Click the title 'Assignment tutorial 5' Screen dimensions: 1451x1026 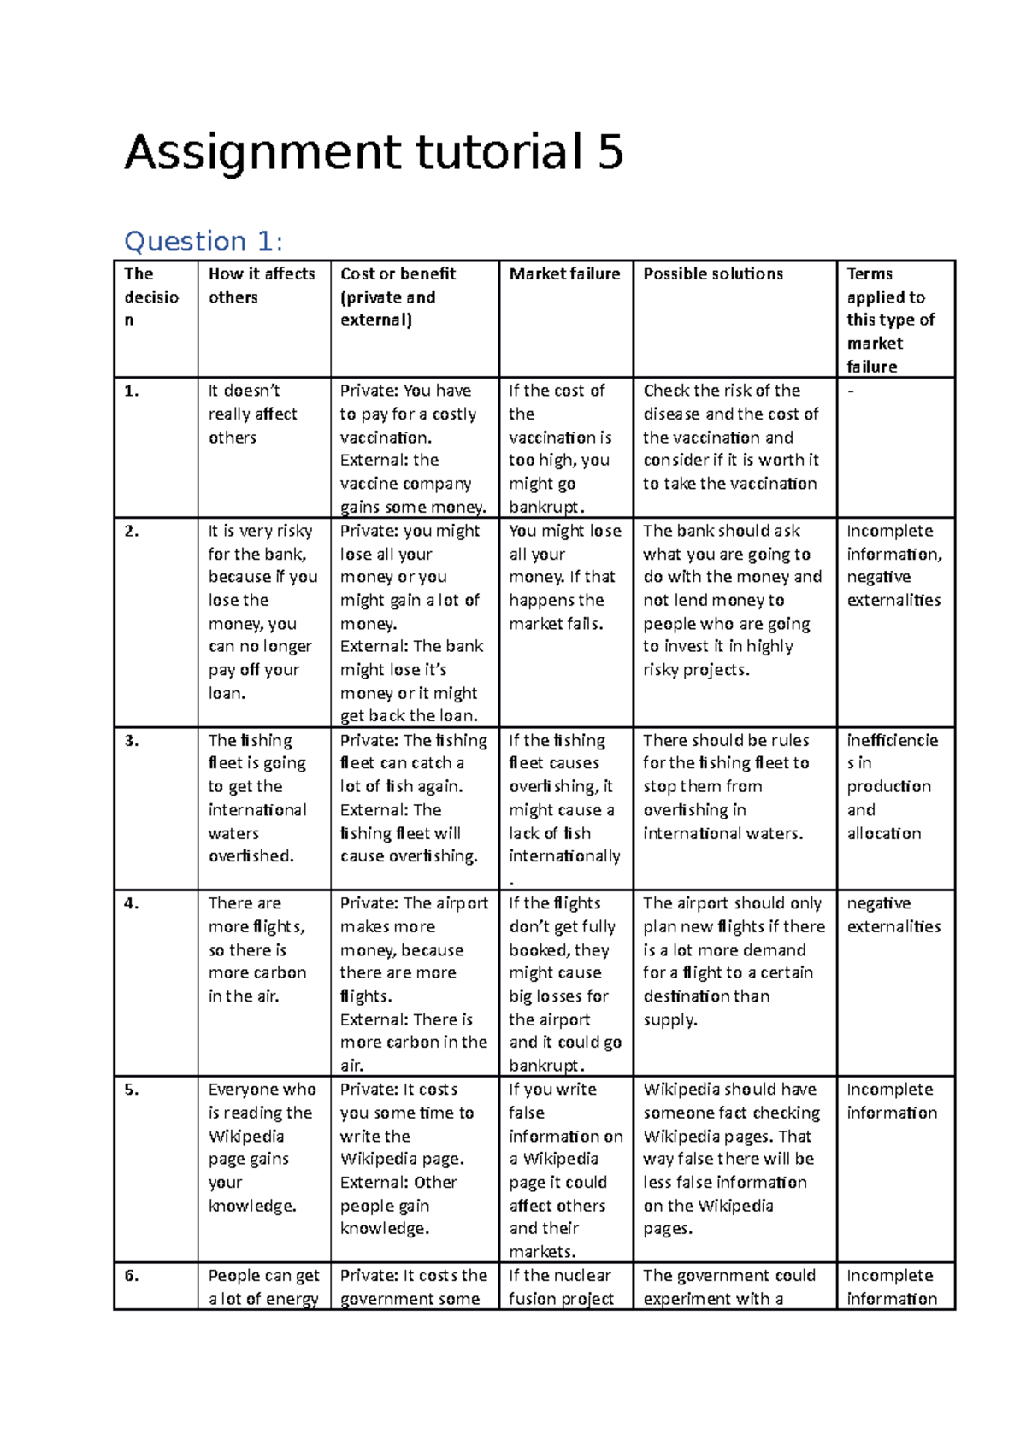374,153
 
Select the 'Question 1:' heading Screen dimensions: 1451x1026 203,242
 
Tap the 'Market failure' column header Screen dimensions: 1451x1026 564,273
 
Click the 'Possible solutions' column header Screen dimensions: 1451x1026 713,273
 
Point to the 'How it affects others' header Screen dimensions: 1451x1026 262,285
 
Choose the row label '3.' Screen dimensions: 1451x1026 131,741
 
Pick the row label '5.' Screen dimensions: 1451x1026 131,1090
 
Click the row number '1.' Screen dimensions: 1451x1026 131,391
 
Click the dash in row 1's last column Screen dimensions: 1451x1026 851,391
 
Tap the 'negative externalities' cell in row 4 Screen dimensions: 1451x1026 893,914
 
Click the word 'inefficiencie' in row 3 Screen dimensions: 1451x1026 893,740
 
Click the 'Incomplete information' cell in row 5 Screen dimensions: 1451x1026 891,1101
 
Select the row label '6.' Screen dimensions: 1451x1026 131,1276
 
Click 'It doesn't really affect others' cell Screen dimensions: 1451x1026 252,414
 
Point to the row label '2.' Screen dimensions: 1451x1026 131,531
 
